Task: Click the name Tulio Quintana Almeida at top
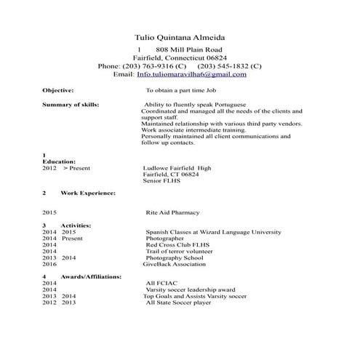(x=180, y=36)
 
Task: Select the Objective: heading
(x=58, y=91)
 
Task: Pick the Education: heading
(x=59, y=161)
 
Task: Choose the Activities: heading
(x=76, y=225)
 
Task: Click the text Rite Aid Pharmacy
(x=173, y=212)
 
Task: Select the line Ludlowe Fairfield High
(x=177, y=167)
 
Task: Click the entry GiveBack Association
(x=174, y=265)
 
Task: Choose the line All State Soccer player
(x=178, y=303)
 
